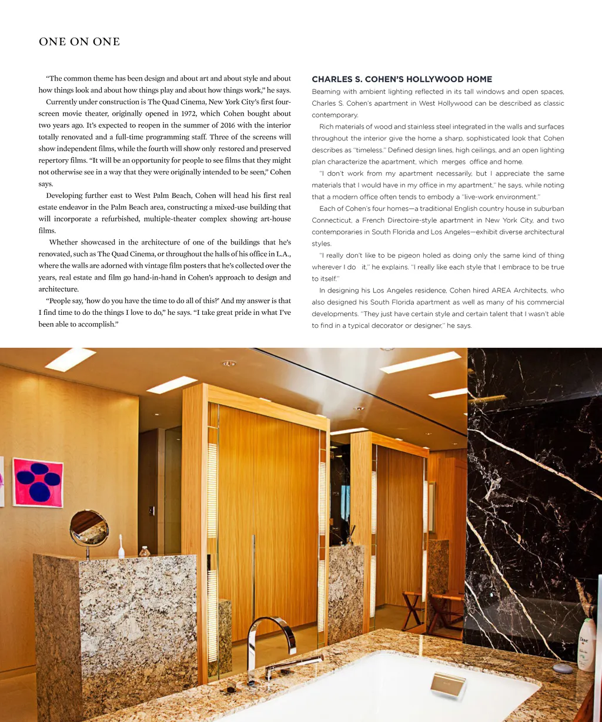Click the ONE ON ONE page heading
click(x=79, y=42)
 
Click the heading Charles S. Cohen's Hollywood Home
click(x=402, y=79)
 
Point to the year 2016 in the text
click(x=231, y=125)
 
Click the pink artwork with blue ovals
click(x=38, y=482)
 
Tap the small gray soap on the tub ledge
click(x=563, y=668)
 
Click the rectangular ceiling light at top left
click(x=70, y=359)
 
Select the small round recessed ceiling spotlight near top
click(x=229, y=364)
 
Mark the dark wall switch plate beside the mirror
click(x=152, y=511)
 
